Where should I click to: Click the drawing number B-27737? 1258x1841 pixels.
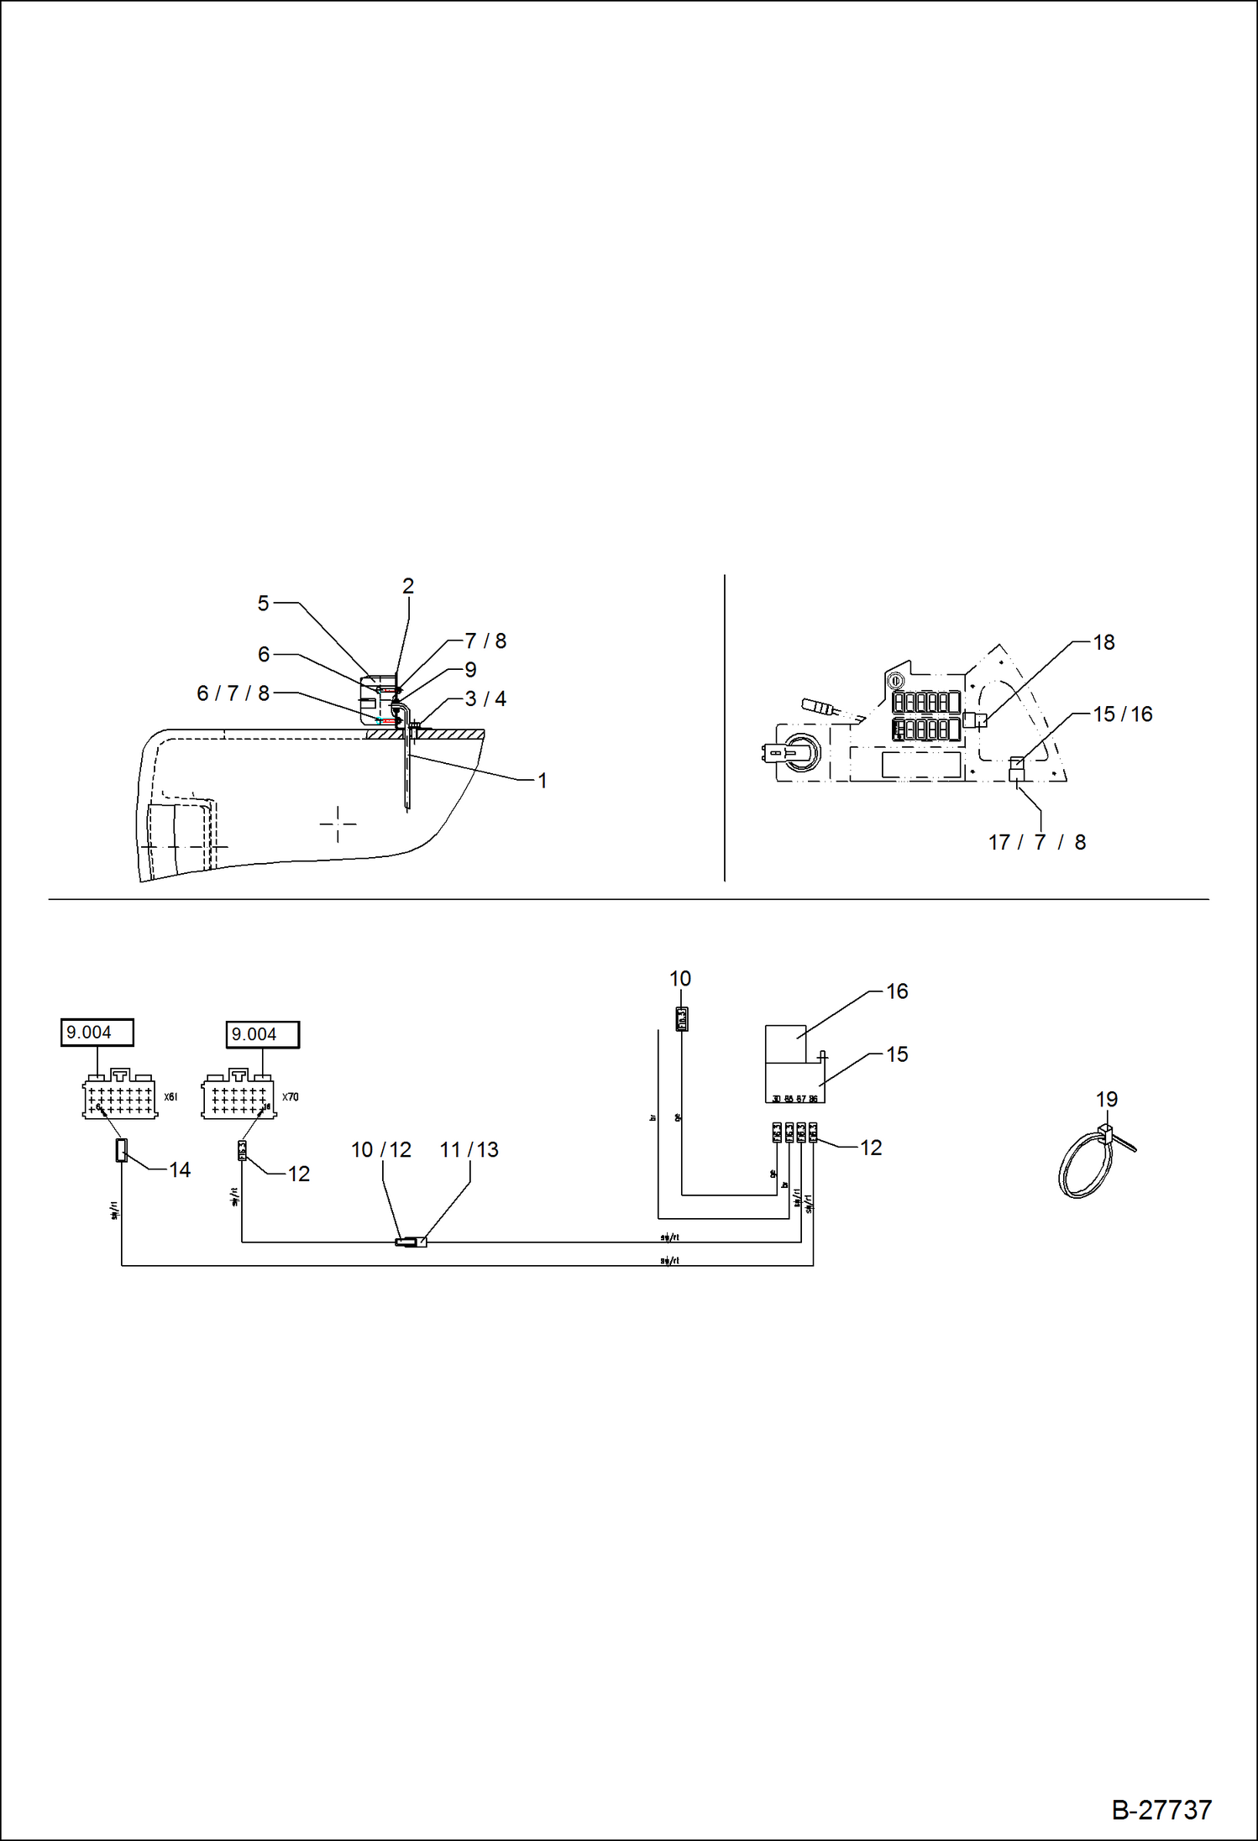click(1161, 1810)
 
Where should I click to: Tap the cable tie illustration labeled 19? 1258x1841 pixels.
click(1090, 1160)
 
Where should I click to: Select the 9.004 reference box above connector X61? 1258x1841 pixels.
click(97, 1032)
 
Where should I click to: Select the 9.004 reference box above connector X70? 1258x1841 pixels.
click(262, 1034)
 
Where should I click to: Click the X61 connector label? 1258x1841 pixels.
click(170, 1097)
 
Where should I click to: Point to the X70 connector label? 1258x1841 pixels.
click(291, 1097)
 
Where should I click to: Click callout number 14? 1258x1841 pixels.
click(180, 1169)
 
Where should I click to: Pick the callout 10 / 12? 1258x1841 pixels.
click(381, 1149)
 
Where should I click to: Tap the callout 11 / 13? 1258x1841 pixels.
click(469, 1149)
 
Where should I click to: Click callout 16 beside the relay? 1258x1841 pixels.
click(897, 991)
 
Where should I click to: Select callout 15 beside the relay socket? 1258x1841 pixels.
click(897, 1054)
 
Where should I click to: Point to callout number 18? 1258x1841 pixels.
click(1103, 642)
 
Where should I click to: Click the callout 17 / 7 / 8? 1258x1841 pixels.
click(1037, 842)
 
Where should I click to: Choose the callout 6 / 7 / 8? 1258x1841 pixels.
click(233, 693)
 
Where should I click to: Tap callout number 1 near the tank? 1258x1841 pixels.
click(543, 781)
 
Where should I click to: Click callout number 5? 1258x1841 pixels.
click(263, 604)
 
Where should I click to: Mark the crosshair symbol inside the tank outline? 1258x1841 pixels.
click(338, 824)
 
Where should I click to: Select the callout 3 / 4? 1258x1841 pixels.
click(485, 698)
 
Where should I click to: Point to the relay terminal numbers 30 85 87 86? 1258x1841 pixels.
click(795, 1098)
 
